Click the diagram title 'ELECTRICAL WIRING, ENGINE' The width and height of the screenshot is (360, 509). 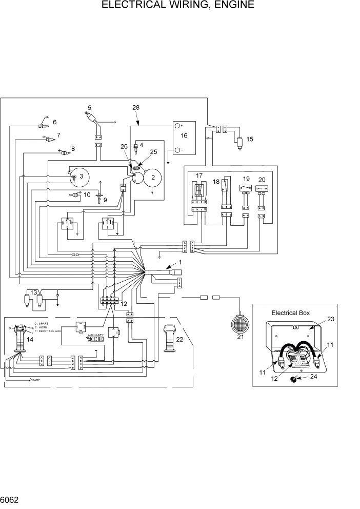pos(178,6)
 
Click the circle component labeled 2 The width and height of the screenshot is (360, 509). pos(152,178)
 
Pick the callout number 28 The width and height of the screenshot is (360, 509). pos(136,108)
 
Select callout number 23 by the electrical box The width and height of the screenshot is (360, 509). pos(330,319)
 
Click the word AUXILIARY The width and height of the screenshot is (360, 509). pos(95,335)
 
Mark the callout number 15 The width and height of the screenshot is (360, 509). pos(250,139)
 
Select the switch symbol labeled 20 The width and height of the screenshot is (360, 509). pos(262,189)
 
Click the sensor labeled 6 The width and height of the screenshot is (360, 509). pos(43,125)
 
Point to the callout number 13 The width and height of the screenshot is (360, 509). pos(33,292)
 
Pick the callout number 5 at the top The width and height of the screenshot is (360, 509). pos(89,108)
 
